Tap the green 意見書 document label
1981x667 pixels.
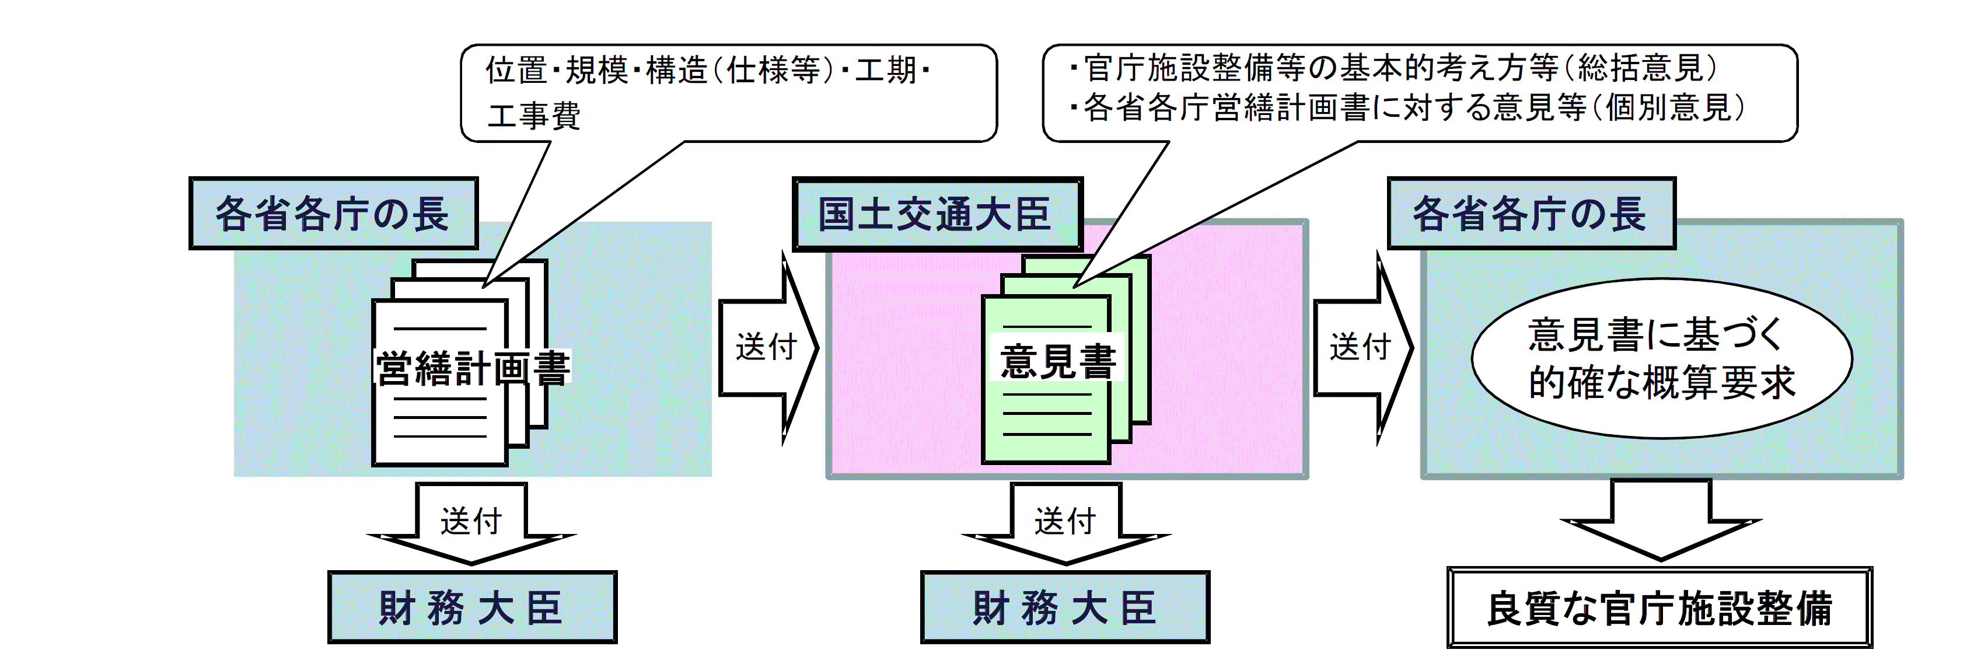1057,359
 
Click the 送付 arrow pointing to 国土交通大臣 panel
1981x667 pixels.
767,348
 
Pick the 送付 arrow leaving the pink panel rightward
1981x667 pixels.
1362,348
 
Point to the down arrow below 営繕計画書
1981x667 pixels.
471,523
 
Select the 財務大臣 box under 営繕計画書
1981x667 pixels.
472,607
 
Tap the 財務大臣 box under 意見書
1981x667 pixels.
1065,607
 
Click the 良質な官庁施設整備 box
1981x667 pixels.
1659,607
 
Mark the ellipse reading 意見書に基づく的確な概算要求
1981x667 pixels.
1661,358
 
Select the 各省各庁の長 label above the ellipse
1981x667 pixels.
1531,214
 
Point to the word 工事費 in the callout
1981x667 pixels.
534,116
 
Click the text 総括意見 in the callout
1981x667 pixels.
1640,68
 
